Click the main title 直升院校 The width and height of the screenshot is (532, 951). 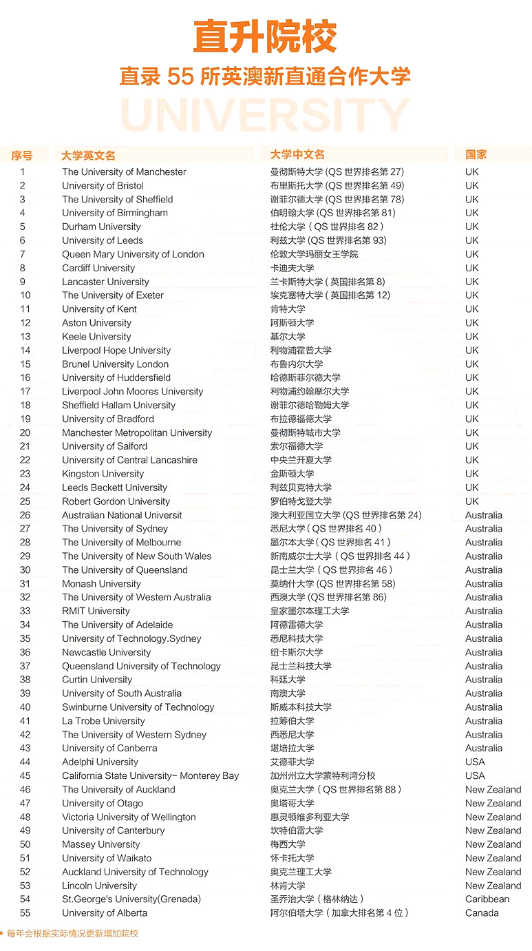tap(265, 37)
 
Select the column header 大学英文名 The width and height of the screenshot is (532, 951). tap(88, 156)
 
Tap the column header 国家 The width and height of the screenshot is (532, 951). tap(476, 155)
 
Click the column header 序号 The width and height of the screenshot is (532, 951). tap(21, 156)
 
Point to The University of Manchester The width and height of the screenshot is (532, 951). tap(124, 172)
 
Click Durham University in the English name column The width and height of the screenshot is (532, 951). tap(101, 227)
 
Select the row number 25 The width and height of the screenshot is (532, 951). tap(25, 501)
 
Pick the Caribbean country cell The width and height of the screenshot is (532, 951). tap(487, 899)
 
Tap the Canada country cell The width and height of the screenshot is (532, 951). tap(482, 913)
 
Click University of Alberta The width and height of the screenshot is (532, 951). tap(105, 913)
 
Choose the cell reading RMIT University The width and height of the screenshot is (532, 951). tap(96, 611)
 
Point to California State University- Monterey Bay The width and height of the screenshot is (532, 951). tap(150, 776)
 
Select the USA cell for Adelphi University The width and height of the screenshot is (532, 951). tap(475, 762)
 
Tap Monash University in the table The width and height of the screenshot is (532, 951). tap(101, 584)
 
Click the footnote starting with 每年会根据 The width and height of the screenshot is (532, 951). tap(72, 934)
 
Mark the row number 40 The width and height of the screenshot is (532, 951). tap(25, 707)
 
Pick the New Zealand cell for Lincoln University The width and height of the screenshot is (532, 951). tap(493, 886)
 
